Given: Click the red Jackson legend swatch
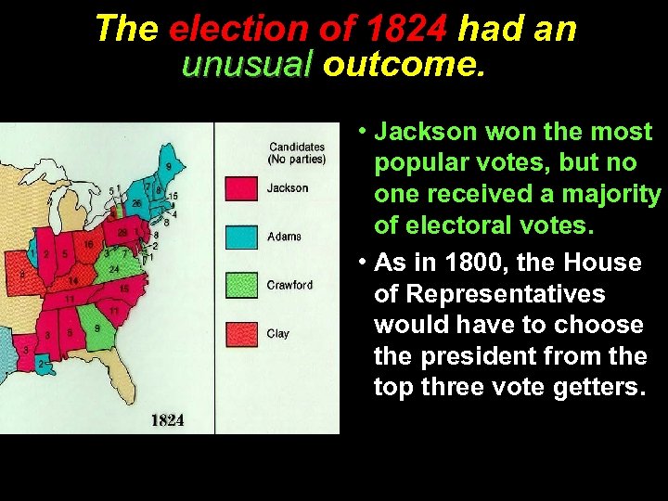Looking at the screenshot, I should point(241,188).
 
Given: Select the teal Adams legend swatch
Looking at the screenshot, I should point(241,236).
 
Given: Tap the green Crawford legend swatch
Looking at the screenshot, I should point(241,285).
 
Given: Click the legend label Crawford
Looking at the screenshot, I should point(289,285).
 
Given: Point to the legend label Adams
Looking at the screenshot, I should point(284,237).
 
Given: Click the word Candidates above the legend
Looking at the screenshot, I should point(297,147).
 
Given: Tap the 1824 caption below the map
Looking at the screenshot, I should point(167,420).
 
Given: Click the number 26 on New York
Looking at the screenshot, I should point(135,204).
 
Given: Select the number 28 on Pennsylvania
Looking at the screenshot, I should point(122,232).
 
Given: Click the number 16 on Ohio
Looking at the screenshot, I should point(89,244).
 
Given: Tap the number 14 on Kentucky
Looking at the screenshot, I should point(72,279).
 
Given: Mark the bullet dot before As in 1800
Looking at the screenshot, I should point(363,263).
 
